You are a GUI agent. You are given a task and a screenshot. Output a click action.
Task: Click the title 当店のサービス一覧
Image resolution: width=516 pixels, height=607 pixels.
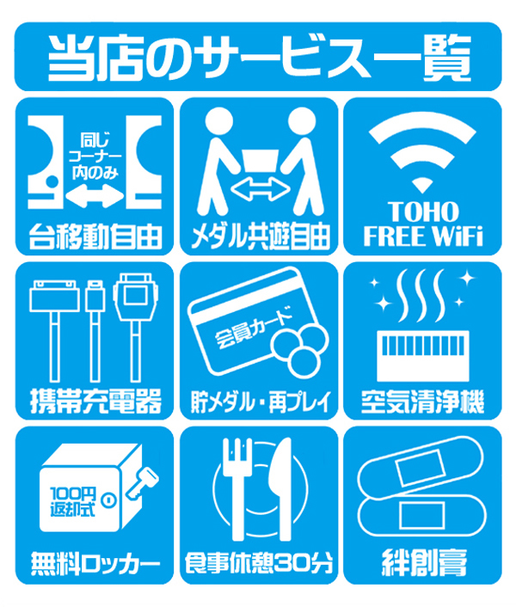coord(259,58)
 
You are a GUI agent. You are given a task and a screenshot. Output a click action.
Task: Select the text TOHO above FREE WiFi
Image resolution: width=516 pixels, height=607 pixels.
coord(423,212)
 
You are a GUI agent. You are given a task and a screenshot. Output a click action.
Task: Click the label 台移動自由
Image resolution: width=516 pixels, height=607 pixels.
coord(95,236)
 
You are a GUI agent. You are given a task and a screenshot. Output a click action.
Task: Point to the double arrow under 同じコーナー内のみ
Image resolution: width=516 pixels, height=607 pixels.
coord(95,196)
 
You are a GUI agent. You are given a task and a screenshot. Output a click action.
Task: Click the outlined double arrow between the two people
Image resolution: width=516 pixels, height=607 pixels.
coord(261,190)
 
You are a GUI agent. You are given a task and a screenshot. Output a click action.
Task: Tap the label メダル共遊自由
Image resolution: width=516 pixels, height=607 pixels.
coord(260,236)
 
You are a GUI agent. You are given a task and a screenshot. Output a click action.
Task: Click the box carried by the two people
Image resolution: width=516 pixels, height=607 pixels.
coord(261,161)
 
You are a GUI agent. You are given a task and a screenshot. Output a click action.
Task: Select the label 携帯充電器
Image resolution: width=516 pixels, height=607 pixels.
coord(95,401)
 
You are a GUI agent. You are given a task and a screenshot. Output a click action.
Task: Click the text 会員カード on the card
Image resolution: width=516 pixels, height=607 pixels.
coord(253,327)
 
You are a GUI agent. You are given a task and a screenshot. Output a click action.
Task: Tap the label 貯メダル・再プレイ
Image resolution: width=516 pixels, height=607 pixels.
coord(260,402)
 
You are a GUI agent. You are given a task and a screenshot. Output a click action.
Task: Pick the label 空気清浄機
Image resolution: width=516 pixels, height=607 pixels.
coord(422,402)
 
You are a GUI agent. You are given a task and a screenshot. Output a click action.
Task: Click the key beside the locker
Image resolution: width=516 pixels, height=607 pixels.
coord(143,482)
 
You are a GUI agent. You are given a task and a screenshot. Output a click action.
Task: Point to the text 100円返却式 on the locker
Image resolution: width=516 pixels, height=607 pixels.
coord(73,501)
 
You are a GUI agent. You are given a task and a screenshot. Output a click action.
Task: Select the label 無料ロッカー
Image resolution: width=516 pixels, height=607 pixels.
coord(95,564)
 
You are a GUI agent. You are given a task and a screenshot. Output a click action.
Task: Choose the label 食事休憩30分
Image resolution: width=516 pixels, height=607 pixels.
coord(259,564)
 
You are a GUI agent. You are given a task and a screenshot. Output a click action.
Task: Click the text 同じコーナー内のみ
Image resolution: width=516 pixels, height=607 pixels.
coord(95,156)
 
